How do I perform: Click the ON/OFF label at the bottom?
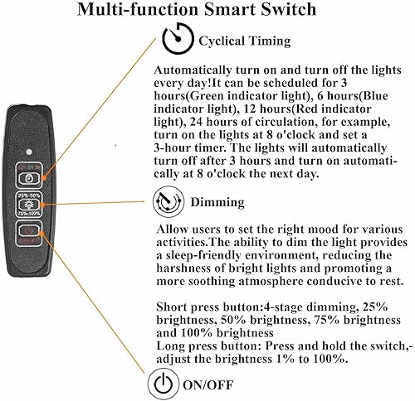215,384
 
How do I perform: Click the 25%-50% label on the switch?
29,196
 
